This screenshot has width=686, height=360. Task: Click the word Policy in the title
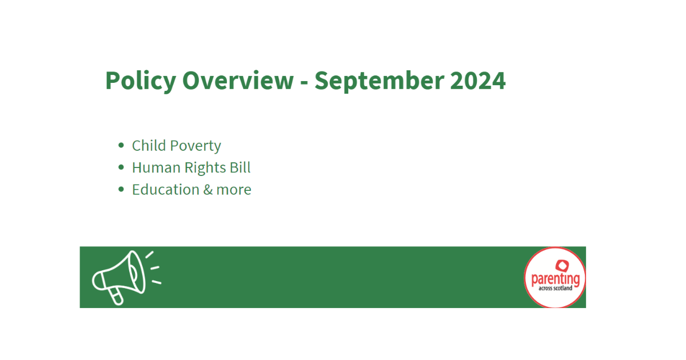point(141,81)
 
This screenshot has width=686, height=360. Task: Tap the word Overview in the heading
point(238,81)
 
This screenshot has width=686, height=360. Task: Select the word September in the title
point(380,81)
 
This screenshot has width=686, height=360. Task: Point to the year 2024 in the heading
point(478,81)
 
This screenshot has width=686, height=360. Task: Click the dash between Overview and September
point(304,83)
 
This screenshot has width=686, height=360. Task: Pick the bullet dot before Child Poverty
point(121,145)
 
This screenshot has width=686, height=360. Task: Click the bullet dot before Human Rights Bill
point(121,167)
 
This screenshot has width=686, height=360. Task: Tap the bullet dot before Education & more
point(121,189)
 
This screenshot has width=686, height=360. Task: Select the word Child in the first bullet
point(149,145)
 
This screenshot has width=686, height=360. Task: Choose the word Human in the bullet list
point(156,168)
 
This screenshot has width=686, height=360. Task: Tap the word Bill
point(240,167)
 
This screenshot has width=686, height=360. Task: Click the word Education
point(166,190)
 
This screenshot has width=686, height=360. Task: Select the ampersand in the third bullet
point(208,190)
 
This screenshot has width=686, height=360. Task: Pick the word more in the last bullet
point(234,191)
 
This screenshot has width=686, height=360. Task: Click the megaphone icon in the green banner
point(126,278)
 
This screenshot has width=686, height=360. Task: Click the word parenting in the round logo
point(556,279)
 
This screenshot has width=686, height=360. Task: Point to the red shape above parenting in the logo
point(563,266)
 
